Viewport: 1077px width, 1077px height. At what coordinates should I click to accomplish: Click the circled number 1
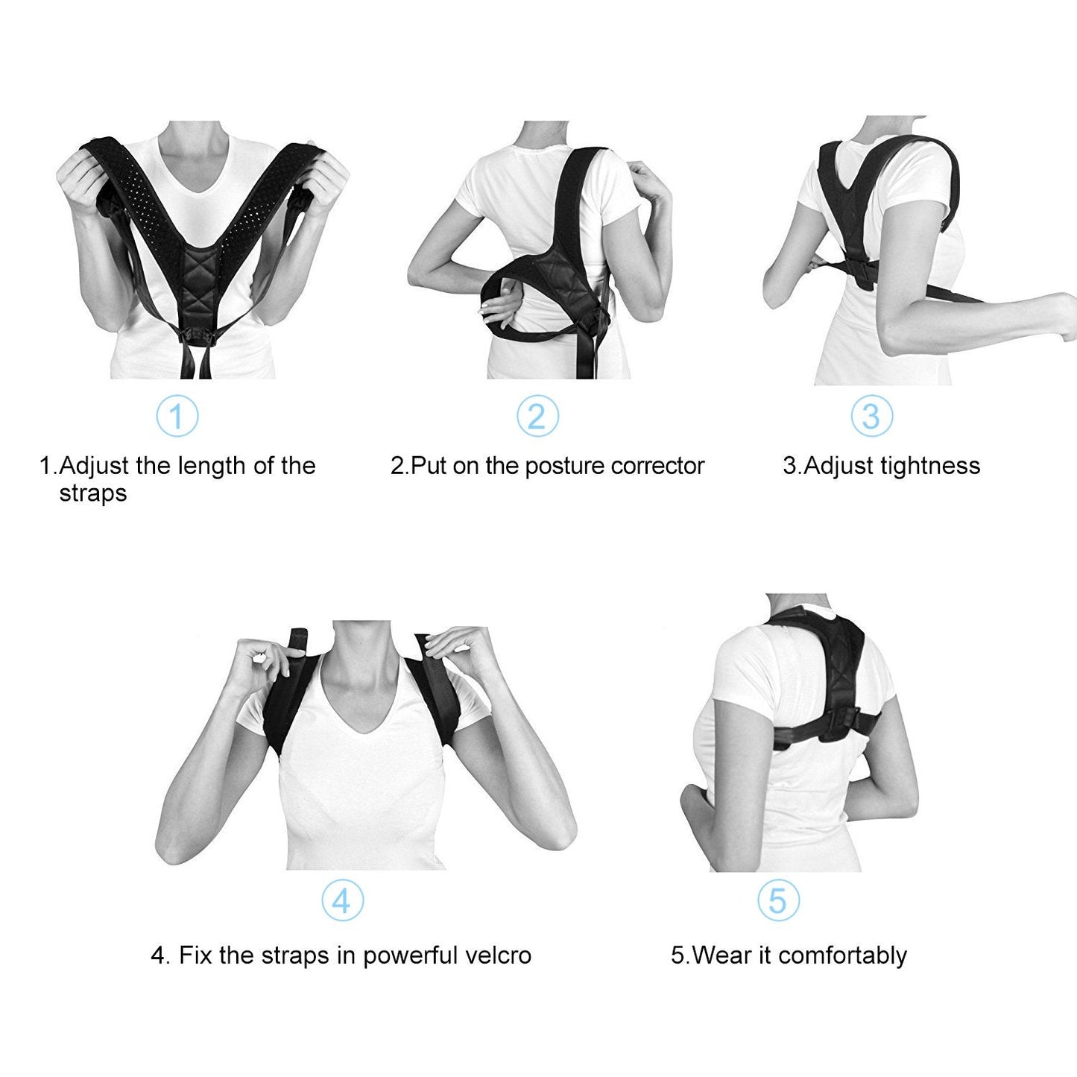[177, 416]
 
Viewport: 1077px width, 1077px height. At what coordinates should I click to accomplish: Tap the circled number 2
[537, 416]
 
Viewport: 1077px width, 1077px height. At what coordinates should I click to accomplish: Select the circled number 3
[871, 416]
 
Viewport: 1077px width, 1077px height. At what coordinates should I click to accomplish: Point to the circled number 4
[342, 900]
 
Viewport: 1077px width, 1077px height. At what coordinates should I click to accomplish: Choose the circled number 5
[778, 900]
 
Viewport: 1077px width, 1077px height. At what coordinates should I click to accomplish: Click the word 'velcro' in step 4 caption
[496, 956]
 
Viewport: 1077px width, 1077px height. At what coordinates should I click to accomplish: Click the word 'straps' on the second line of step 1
[93, 493]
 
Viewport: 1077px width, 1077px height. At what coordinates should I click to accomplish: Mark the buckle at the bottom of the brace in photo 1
[198, 337]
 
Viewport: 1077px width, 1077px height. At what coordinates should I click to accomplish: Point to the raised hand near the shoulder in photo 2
[648, 183]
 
